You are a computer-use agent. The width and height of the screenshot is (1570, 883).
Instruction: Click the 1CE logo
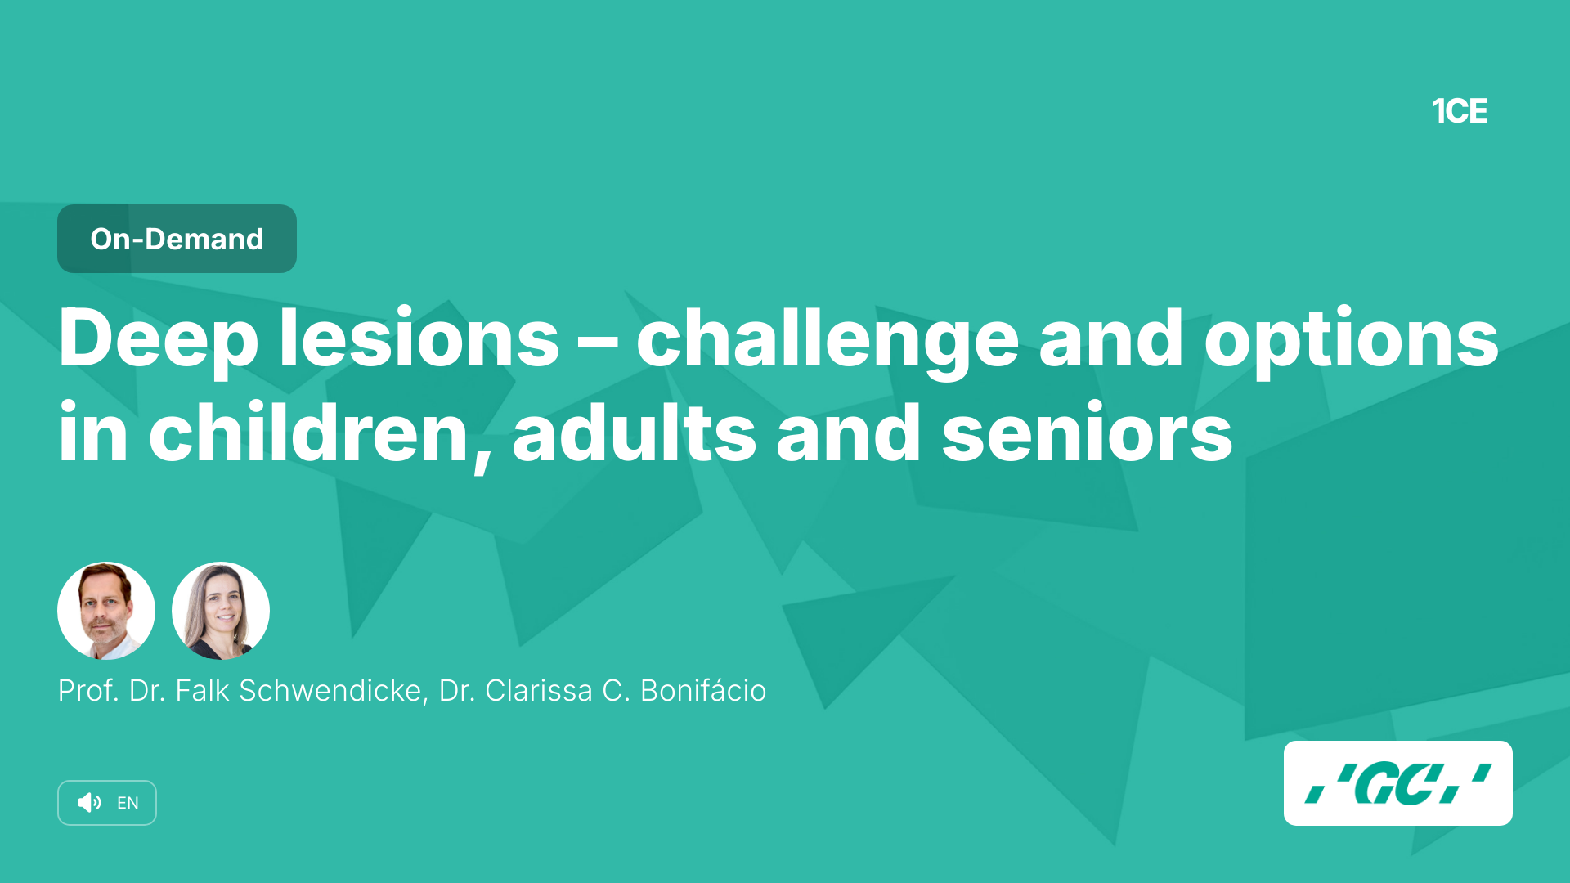point(1460,111)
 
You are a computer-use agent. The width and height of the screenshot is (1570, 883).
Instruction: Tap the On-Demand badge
point(177,239)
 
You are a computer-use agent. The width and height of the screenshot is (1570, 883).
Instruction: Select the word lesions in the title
point(419,337)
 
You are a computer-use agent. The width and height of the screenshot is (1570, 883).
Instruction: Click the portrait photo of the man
point(106,611)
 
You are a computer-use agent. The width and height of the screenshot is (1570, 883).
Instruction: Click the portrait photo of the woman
point(221,611)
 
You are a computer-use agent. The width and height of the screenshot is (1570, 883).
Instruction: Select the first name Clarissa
point(539,691)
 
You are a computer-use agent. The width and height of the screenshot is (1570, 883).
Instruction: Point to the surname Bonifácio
point(703,690)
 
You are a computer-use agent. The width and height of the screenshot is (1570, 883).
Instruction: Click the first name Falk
point(202,691)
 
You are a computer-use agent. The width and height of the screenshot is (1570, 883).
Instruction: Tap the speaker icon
point(89,803)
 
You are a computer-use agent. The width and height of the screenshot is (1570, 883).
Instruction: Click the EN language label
point(128,803)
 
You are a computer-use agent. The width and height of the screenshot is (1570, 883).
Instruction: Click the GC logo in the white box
point(1398,783)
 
